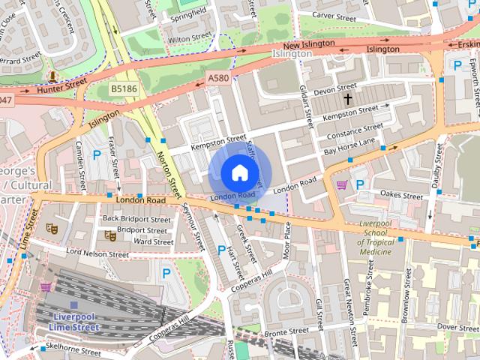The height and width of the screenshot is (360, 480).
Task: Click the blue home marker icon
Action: coord(238,173)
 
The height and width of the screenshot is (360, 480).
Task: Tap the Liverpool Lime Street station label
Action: coord(73,322)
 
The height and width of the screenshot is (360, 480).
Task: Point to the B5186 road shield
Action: coord(124,88)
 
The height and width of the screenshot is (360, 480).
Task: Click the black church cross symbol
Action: coord(347,99)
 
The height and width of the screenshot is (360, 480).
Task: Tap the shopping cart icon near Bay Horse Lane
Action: coord(342,184)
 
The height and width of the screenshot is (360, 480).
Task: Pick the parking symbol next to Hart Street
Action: coord(221,250)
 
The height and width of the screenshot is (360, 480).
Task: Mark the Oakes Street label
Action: coord(401,195)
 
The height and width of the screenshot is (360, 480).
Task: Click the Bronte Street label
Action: coord(286,331)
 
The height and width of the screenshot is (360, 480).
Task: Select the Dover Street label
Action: coord(457,327)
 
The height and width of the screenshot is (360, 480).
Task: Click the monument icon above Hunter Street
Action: coord(52,76)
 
